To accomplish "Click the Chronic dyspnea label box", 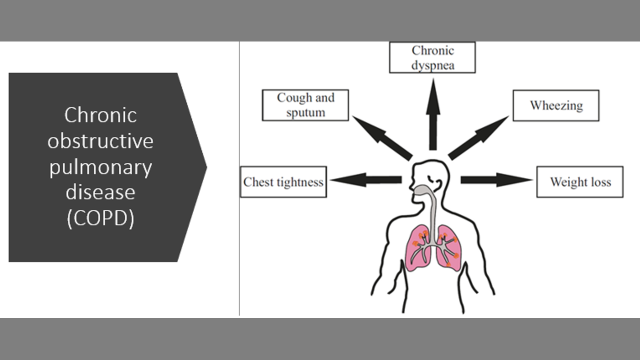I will click(432, 57).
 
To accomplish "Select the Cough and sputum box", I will click(305, 105).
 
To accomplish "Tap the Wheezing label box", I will click(556, 105).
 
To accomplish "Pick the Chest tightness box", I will click(283, 181).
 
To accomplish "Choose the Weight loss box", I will click(580, 182).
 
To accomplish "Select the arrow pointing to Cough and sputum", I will click(382, 137).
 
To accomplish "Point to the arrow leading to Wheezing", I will click(478, 138).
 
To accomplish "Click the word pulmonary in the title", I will click(100, 167).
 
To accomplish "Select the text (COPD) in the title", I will click(100, 218).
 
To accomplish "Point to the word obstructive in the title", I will click(100, 141).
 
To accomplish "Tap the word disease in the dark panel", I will click(100, 192).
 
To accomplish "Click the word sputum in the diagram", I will click(305, 112).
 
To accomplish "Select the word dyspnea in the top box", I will click(433, 65).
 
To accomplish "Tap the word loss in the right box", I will click(601, 182).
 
